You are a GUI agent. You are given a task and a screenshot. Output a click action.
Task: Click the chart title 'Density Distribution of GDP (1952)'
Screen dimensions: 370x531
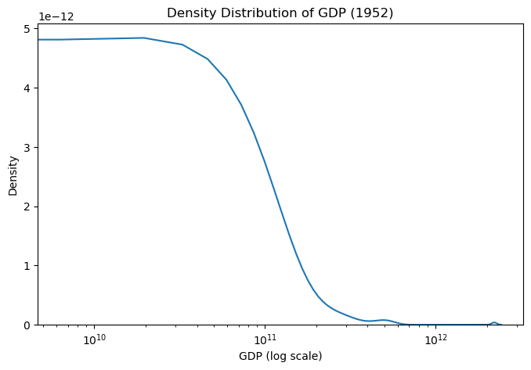coord(280,13)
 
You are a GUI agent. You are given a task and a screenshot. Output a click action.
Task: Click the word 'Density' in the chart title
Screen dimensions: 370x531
coord(190,13)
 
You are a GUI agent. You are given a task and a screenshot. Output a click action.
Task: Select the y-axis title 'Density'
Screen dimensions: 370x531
coord(13,178)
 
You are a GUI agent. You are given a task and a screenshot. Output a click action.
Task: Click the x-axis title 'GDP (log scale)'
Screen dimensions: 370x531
coord(280,356)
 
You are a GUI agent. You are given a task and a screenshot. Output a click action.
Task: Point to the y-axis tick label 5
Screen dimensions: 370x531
coord(26,29)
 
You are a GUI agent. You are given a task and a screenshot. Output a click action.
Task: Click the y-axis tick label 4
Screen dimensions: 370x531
coord(26,88)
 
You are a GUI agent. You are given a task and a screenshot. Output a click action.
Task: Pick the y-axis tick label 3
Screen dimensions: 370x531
coord(26,148)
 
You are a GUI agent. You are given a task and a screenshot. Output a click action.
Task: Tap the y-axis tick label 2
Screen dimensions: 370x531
coord(26,207)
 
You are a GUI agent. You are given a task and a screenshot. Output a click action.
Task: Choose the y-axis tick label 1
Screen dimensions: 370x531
coord(26,266)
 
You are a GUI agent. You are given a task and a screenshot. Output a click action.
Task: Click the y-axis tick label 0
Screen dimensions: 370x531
coord(26,325)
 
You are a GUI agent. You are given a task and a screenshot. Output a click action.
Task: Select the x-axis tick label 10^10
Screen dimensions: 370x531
coord(94,339)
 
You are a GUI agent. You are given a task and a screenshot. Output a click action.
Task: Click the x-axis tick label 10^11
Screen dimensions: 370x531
coord(265,339)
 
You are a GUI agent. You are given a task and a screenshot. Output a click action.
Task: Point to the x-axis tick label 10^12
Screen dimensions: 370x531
coord(435,339)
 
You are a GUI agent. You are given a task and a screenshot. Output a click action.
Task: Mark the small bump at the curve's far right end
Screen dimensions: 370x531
coord(494,322)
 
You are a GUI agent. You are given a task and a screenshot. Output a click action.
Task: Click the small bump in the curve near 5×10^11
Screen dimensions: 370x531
coord(384,320)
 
